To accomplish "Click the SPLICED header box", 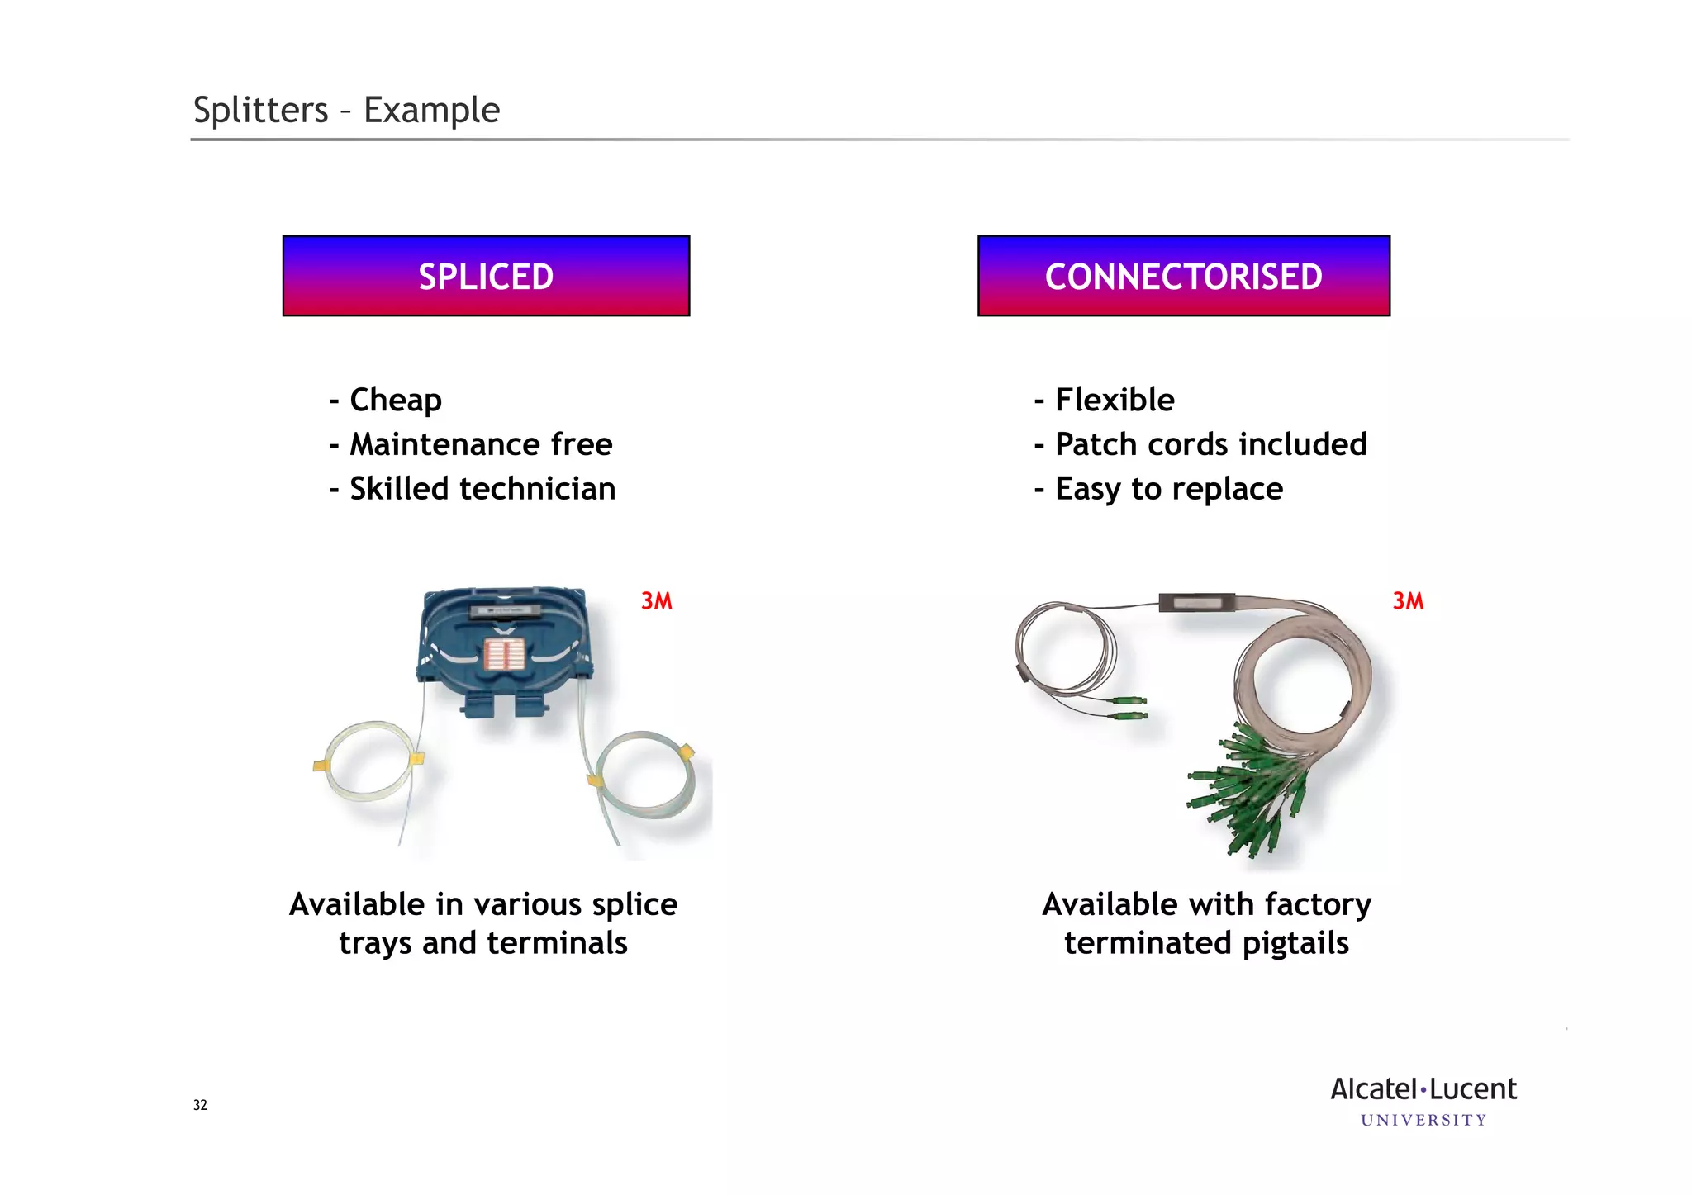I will click(x=486, y=276).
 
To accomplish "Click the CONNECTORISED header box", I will click(x=1183, y=276).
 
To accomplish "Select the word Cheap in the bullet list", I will click(x=395, y=401).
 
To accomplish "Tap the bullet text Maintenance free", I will click(x=481, y=444).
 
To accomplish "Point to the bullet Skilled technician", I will click(x=482, y=489).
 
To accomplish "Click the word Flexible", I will click(x=1115, y=401).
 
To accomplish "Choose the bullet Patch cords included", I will click(x=1210, y=444).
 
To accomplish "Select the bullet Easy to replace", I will click(x=1169, y=489).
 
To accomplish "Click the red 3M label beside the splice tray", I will click(x=657, y=601).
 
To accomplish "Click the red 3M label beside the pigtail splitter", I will click(x=1408, y=601).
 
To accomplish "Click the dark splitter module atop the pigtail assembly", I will click(x=1196, y=603).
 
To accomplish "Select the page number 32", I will click(x=200, y=1105).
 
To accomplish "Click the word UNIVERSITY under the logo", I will click(x=1423, y=1121).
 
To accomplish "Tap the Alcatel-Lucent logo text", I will click(x=1423, y=1089).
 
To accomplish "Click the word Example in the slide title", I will click(x=431, y=111).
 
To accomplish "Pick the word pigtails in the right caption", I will click(x=1295, y=943).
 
